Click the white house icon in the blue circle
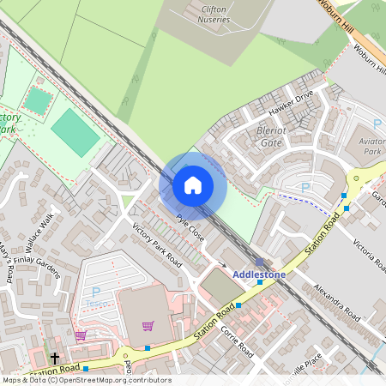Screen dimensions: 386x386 (193, 184)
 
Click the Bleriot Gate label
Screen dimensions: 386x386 (271, 137)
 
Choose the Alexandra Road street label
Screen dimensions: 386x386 (335, 300)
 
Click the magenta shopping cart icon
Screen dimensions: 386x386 (148, 326)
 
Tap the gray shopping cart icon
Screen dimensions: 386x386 (81, 335)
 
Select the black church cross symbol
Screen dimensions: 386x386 (55, 357)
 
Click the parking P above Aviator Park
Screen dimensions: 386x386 (377, 125)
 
